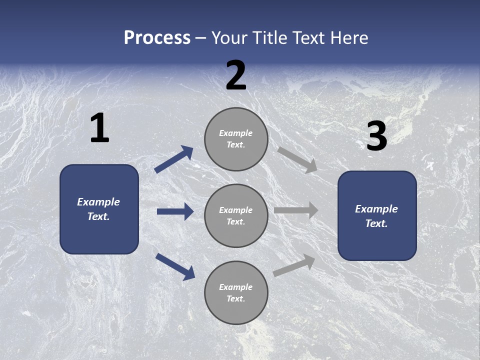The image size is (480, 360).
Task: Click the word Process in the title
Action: tap(157, 38)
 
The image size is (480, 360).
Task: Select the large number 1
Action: tap(99, 128)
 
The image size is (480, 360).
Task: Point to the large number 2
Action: tap(236, 76)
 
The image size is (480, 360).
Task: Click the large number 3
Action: tap(376, 136)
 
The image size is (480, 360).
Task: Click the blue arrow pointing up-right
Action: tap(173, 159)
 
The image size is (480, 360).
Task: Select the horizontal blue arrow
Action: tap(175, 211)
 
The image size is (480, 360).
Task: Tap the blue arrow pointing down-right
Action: tap(175, 266)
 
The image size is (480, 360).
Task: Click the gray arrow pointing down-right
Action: tap(297, 160)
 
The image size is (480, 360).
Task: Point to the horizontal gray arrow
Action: tap(296, 210)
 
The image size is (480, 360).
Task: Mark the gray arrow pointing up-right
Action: tap(294, 265)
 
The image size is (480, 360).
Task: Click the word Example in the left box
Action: tap(98, 202)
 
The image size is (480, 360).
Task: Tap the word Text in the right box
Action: tap(375, 223)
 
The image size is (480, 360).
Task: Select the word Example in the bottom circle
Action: tap(235, 287)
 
